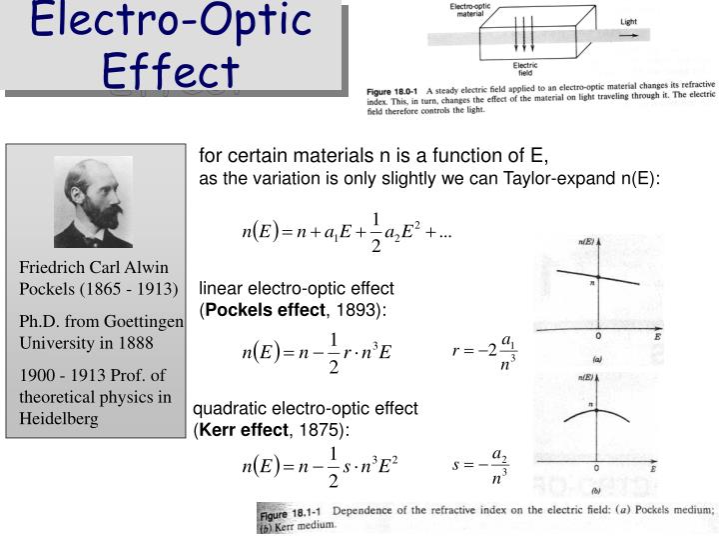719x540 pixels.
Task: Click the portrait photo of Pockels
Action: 93,201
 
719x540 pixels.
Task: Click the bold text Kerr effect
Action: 244,429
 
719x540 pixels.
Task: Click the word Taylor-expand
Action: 565,178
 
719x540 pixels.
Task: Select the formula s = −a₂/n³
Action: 482,466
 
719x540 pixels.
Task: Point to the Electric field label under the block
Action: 525,70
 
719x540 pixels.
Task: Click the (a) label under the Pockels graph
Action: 597,358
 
